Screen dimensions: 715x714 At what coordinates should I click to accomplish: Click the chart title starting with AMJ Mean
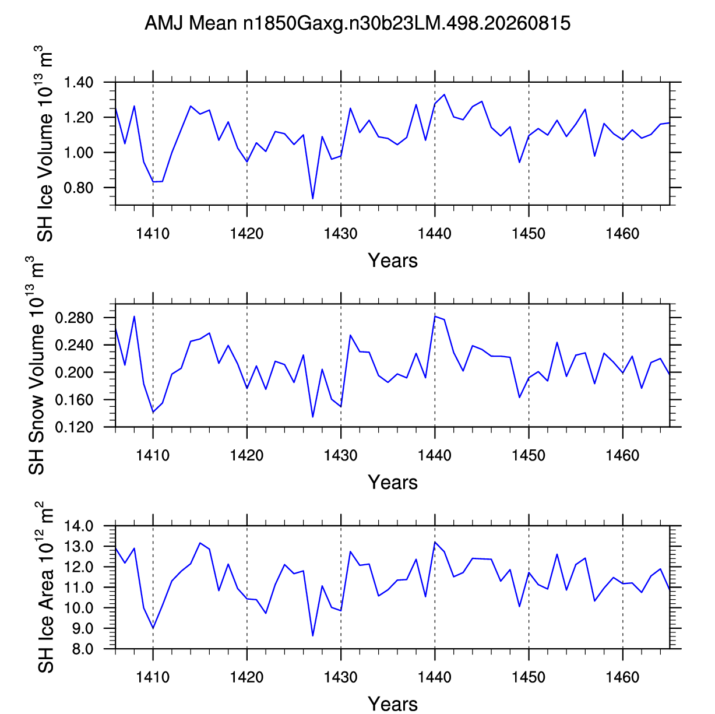pyautogui.click(x=357, y=23)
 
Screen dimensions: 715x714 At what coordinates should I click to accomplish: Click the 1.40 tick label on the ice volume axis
pyautogui.click(x=78, y=82)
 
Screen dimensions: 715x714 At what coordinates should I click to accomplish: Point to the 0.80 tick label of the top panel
pyautogui.click(x=78, y=188)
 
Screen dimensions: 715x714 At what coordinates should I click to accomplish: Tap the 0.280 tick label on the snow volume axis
pyautogui.click(x=74, y=318)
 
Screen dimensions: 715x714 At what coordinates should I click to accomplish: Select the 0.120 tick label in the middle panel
pyautogui.click(x=74, y=427)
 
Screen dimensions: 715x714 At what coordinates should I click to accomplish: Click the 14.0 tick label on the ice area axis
pyautogui.click(x=79, y=526)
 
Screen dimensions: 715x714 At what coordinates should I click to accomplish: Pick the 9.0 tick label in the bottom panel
pyautogui.click(x=82, y=628)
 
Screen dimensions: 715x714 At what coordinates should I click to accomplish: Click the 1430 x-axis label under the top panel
pyautogui.click(x=341, y=234)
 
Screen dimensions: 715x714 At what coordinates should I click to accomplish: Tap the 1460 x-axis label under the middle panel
pyautogui.click(x=622, y=456)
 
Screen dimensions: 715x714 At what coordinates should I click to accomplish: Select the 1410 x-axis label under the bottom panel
pyautogui.click(x=153, y=678)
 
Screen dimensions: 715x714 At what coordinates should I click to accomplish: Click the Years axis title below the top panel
pyautogui.click(x=393, y=261)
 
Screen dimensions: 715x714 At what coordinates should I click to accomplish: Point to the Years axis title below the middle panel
pyautogui.click(x=393, y=482)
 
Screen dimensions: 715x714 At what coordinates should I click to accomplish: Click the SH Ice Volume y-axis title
pyautogui.click(x=44, y=144)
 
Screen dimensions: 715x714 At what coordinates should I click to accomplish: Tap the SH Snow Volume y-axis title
pyautogui.click(x=36, y=365)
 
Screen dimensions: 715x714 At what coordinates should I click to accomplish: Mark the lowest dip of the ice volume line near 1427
pyautogui.click(x=313, y=199)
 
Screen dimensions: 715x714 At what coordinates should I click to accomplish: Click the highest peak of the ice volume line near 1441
pyautogui.click(x=444, y=94)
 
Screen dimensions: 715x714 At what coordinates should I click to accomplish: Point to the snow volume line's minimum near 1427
pyautogui.click(x=313, y=417)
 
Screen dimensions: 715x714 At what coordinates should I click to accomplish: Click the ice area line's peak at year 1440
pyautogui.click(x=435, y=541)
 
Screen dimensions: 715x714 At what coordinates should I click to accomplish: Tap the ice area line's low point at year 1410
pyautogui.click(x=153, y=628)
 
